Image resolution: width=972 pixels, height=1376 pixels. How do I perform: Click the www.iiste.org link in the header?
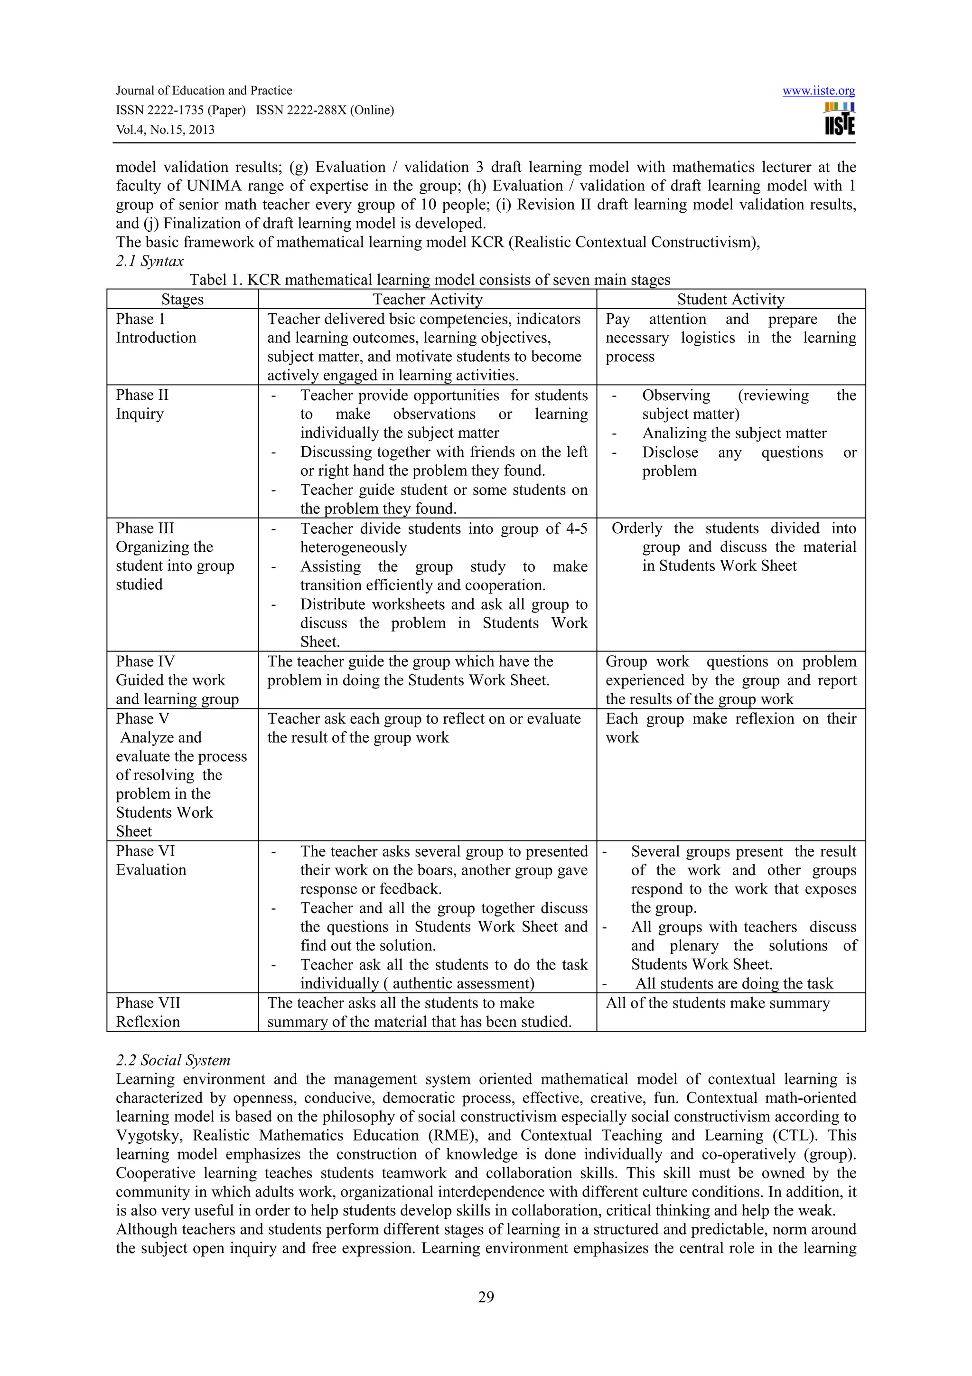tap(818, 91)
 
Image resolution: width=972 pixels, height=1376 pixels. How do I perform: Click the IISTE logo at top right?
tap(839, 120)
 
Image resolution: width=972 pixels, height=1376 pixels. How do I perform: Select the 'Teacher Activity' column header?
tap(427, 299)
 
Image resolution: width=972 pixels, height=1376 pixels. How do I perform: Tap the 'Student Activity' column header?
tap(730, 299)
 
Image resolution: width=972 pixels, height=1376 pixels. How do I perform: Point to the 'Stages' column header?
tap(182, 299)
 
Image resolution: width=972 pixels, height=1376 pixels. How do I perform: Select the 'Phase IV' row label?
tap(145, 661)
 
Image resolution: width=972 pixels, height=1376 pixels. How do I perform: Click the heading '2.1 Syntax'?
tap(150, 261)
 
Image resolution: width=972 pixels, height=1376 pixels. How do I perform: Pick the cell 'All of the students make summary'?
tap(718, 1003)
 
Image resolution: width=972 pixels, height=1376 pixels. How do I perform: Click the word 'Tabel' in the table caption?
tap(208, 280)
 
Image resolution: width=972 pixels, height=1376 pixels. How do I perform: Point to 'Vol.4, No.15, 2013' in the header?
tap(165, 130)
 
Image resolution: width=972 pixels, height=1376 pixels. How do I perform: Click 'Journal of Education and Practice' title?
tap(204, 91)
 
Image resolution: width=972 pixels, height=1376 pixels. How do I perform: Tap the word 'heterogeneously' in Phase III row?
tap(353, 547)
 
